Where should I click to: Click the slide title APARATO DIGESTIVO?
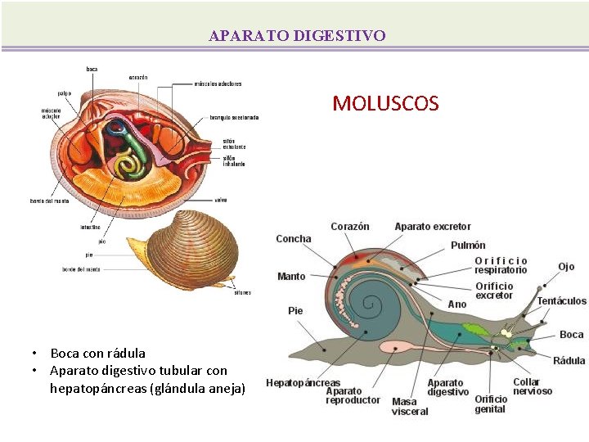[x=297, y=36]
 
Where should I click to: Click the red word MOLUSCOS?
[x=385, y=104]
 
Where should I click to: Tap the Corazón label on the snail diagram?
[x=350, y=227]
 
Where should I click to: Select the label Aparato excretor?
[x=433, y=227]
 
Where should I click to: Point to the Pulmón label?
[x=468, y=246]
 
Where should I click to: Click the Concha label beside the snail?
[x=294, y=239]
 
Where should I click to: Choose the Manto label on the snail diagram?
[x=291, y=277]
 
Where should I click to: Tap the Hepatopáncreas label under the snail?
[x=303, y=383]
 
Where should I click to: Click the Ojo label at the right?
[x=566, y=267]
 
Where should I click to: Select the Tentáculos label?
[x=562, y=301]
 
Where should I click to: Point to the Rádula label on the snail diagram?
[x=569, y=361]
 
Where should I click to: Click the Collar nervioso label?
[x=533, y=386]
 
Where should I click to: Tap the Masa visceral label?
[x=410, y=406]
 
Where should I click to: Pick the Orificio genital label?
[x=491, y=404]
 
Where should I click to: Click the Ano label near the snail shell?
[x=457, y=304]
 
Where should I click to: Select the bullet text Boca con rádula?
[x=98, y=354]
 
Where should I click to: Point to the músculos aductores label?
[x=218, y=83]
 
